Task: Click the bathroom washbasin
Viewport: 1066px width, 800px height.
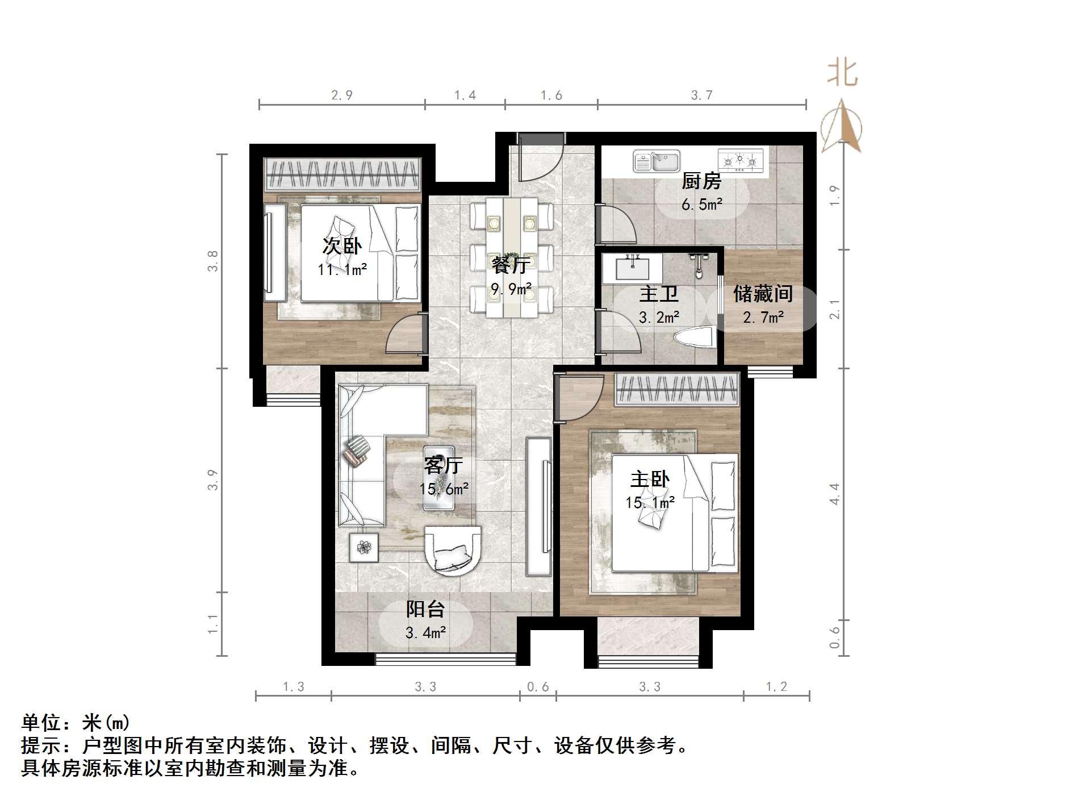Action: [632, 268]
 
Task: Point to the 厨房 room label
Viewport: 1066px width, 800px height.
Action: [701, 181]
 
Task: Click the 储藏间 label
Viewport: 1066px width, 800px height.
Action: [763, 294]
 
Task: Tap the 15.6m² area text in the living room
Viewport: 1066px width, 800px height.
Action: [444, 489]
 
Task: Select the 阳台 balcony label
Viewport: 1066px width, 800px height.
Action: [425, 609]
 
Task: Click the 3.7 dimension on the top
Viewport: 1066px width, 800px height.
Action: [701, 95]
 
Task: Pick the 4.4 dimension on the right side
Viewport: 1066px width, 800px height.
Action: [834, 494]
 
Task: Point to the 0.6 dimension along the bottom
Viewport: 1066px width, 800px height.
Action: [538, 687]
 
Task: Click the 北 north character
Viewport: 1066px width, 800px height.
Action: [842, 73]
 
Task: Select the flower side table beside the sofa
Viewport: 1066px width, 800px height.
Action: [363, 548]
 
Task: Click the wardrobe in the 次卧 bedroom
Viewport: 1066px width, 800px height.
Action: [342, 174]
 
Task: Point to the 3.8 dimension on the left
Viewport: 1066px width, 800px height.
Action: [212, 261]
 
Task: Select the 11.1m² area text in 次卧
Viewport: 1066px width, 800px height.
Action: [342, 269]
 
